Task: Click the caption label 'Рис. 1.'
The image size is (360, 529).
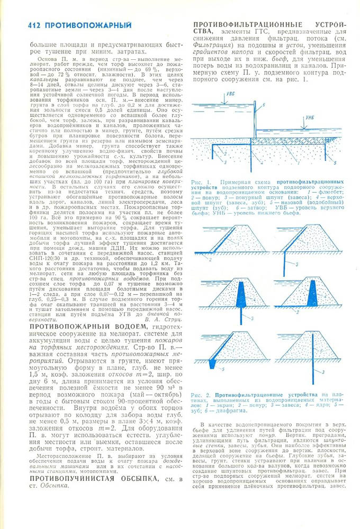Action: (x=201, y=182)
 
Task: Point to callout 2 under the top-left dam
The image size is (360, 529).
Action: (x=211, y=261)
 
